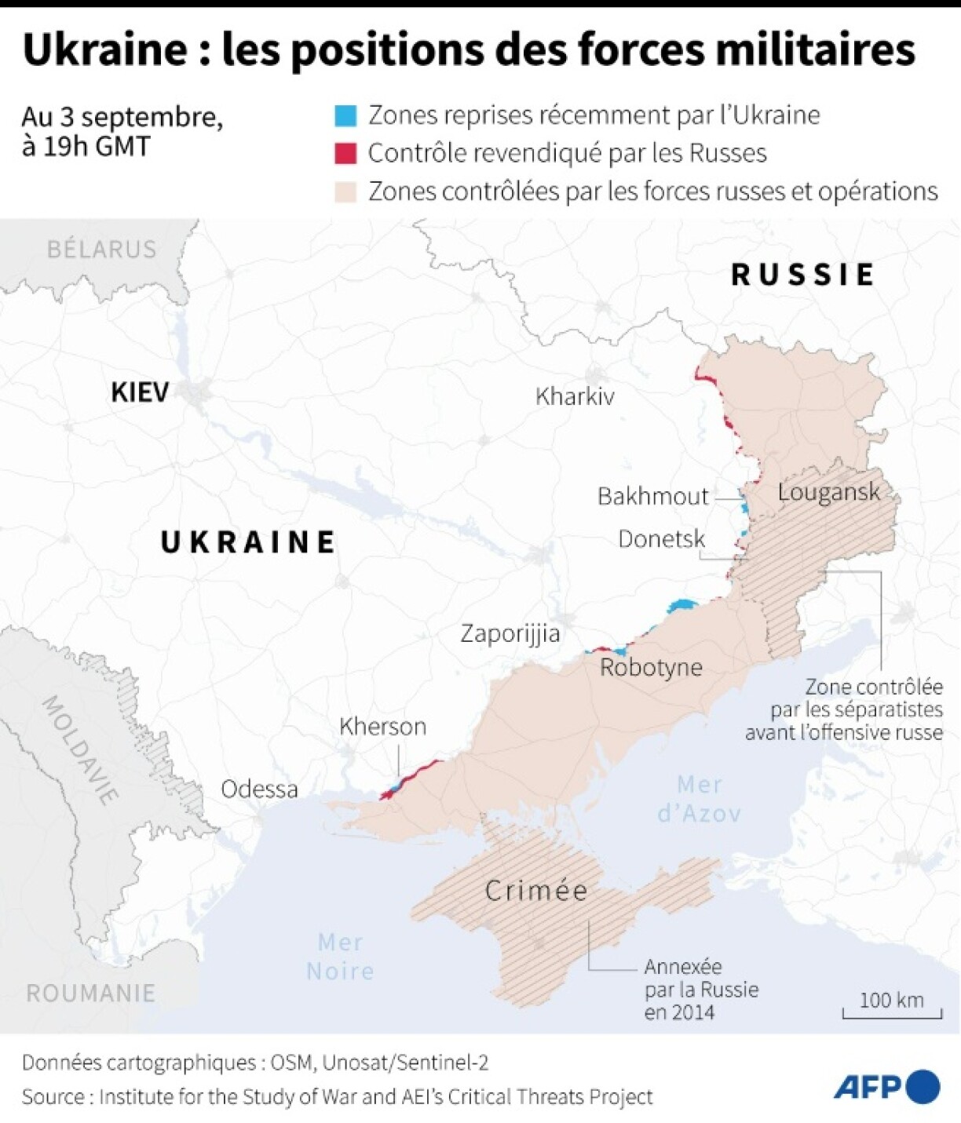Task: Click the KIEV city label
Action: tap(140, 392)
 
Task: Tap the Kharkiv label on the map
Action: tap(575, 396)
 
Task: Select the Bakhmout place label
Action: tap(652, 496)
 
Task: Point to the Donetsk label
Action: tap(661, 539)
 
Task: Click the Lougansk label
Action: tap(828, 492)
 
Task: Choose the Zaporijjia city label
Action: tap(510, 633)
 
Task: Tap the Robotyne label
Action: tap(651, 668)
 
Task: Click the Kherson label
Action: tap(382, 727)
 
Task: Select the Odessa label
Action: tap(259, 789)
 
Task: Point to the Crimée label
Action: tap(535, 891)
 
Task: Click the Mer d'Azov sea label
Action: tap(699, 799)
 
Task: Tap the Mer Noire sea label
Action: tap(340, 957)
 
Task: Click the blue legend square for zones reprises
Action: tap(345, 115)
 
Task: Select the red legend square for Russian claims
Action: tap(345, 153)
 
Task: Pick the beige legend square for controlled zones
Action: tap(345, 191)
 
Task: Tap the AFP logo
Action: tap(886, 1087)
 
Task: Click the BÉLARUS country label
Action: tap(101, 250)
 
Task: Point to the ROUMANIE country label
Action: tap(90, 994)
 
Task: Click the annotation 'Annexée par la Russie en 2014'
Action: tap(701, 989)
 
